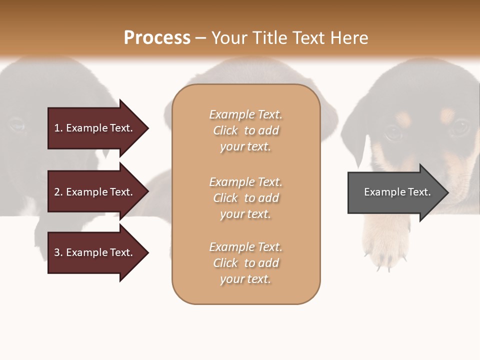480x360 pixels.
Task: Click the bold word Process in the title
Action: click(157, 38)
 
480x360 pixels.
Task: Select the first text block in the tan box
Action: click(245, 130)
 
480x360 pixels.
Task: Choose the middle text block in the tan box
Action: click(245, 197)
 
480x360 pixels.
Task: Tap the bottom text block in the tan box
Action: click(245, 263)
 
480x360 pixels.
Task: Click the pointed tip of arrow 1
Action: click(147, 128)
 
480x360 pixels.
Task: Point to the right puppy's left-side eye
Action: click(393, 132)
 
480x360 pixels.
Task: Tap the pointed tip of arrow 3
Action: click(147, 252)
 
